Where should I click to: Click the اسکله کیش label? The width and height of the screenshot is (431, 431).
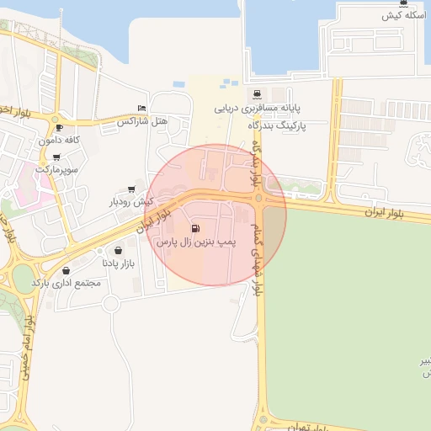click(x=401, y=16)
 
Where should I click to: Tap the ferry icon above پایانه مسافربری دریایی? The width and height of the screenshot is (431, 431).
click(x=256, y=93)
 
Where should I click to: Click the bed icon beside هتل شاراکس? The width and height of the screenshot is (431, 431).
click(x=141, y=109)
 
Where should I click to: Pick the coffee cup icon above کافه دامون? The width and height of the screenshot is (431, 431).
click(x=58, y=127)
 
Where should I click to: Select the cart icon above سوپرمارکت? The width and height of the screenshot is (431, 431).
click(x=56, y=157)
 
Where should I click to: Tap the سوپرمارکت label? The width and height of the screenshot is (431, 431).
click(x=56, y=169)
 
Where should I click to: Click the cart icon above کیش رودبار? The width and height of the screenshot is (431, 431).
click(x=130, y=189)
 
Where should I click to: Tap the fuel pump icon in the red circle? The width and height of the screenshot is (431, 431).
click(x=196, y=227)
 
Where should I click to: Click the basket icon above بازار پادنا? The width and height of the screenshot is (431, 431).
click(x=118, y=250)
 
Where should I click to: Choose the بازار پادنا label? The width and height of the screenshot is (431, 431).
click(x=118, y=263)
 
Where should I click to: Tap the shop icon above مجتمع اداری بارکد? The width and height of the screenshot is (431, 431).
click(x=66, y=270)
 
